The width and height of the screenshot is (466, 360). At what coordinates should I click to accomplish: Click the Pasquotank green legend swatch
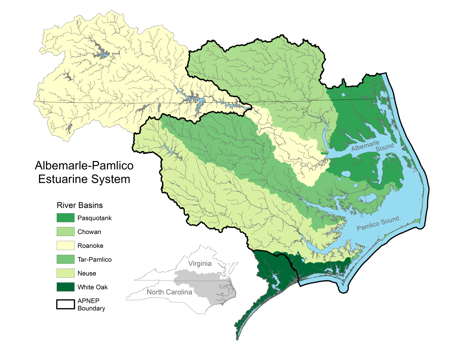[66, 218]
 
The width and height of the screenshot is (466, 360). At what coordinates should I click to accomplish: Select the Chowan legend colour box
[66, 231]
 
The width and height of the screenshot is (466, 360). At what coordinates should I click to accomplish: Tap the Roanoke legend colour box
[66, 245]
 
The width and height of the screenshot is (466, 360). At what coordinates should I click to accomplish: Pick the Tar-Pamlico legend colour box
[66, 259]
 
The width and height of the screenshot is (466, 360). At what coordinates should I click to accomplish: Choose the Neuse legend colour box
[66, 273]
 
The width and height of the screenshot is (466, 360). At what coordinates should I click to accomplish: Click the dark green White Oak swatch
[66, 287]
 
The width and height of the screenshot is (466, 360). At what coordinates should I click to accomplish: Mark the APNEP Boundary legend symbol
[66, 304]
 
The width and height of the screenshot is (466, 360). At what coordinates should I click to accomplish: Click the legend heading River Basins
[80, 205]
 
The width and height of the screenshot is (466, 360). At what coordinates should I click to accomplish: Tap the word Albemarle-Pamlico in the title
[84, 166]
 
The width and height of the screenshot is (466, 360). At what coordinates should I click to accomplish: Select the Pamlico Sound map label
[378, 223]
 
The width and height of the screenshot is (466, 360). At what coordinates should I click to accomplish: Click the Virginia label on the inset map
[200, 264]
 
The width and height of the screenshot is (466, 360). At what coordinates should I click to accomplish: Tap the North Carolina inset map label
[169, 292]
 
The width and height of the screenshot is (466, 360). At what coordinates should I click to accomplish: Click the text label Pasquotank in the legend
[95, 218]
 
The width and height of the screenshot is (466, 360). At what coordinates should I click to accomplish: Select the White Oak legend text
[92, 287]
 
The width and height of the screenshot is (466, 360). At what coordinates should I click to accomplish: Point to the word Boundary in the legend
[91, 309]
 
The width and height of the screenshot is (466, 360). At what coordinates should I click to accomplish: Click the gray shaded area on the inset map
[210, 285]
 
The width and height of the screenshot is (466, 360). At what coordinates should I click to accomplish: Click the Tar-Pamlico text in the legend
[95, 259]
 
